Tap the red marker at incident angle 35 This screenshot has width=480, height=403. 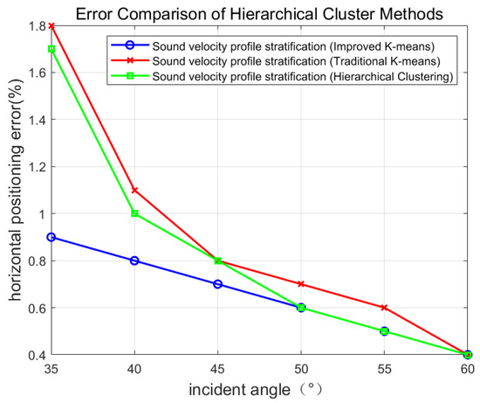[x=51, y=25]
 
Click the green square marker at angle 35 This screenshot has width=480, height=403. [x=51, y=49]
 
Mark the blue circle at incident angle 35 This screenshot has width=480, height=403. [x=51, y=237]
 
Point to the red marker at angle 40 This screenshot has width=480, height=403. [x=134, y=190]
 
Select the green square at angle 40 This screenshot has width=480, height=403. [x=134, y=213]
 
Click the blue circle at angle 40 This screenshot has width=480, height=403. [x=134, y=261]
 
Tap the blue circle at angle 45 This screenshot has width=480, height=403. [x=218, y=284]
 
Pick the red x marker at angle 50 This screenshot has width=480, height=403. [x=301, y=284]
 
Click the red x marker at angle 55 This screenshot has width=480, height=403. [x=385, y=308]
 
